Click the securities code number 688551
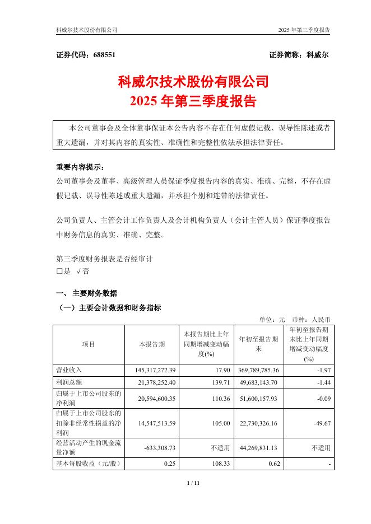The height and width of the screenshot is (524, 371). [x=103, y=55]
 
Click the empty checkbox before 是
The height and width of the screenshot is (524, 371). [x=60, y=271]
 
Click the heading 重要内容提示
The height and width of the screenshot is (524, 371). [x=80, y=167]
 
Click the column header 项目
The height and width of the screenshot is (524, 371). [x=88, y=344]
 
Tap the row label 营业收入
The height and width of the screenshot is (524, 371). [x=69, y=370]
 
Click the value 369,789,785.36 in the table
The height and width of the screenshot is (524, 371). [x=259, y=370]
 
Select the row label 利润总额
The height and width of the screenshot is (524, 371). [x=69, y=381]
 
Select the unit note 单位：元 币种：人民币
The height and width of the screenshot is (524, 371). [x=295, y=319]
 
